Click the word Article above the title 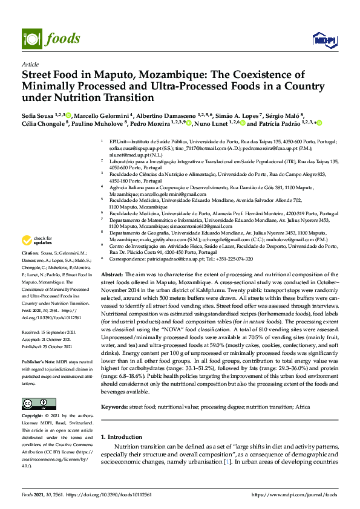30,63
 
